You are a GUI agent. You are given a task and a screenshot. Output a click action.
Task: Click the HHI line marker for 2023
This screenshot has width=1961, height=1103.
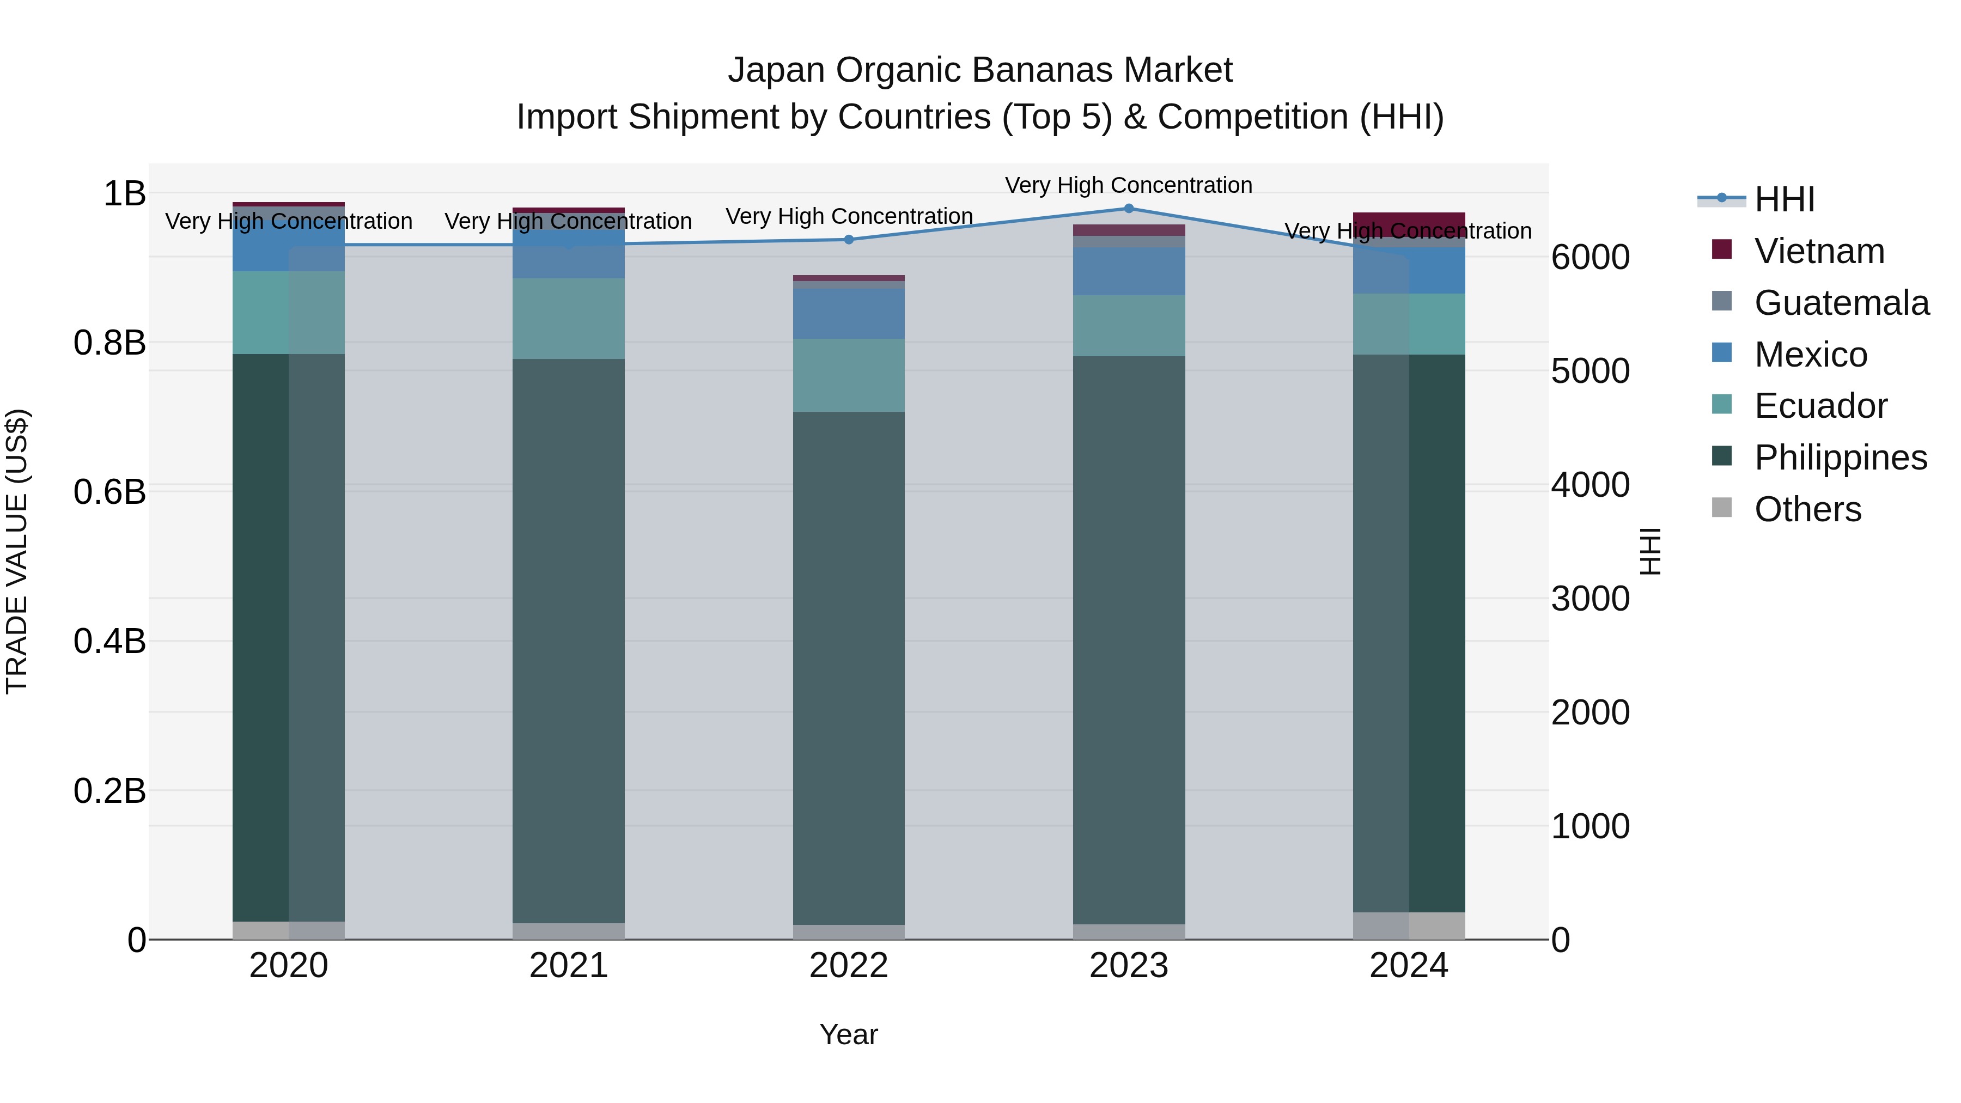[x=1129, y=209]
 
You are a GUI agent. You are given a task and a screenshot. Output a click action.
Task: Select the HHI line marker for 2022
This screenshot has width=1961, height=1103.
[x=849, y=240]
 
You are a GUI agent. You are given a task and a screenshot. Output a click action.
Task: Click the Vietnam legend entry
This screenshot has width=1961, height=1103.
[x=1819, y=251]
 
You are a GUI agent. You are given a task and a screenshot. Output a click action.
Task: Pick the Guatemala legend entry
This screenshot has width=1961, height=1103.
[x=1841, y=303]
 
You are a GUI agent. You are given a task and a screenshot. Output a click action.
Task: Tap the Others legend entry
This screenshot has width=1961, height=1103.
[x=1807, y=509]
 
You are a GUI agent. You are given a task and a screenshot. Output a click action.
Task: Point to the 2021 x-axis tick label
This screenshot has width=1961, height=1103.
[x=569, y=966]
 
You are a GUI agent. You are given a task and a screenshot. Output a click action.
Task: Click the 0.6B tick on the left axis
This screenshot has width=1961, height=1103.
[x=109, y=492]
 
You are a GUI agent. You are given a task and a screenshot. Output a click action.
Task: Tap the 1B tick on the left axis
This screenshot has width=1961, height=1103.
[x=124, y=193]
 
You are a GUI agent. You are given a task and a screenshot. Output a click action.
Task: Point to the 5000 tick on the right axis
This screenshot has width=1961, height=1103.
[x=1590, y=371]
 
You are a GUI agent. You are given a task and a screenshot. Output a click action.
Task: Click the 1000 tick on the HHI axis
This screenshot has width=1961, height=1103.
[x=1590, y=827]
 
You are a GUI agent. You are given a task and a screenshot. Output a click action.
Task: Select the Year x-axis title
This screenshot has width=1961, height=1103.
[x=849, y=1034]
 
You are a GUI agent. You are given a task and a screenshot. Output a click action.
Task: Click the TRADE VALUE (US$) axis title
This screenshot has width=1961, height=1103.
[x=17, y=551]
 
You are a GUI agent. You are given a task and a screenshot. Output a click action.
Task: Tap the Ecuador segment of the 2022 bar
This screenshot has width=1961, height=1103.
[x=849, y=375]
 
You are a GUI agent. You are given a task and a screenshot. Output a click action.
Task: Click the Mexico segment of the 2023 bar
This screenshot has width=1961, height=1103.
[x=1129, y=271]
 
